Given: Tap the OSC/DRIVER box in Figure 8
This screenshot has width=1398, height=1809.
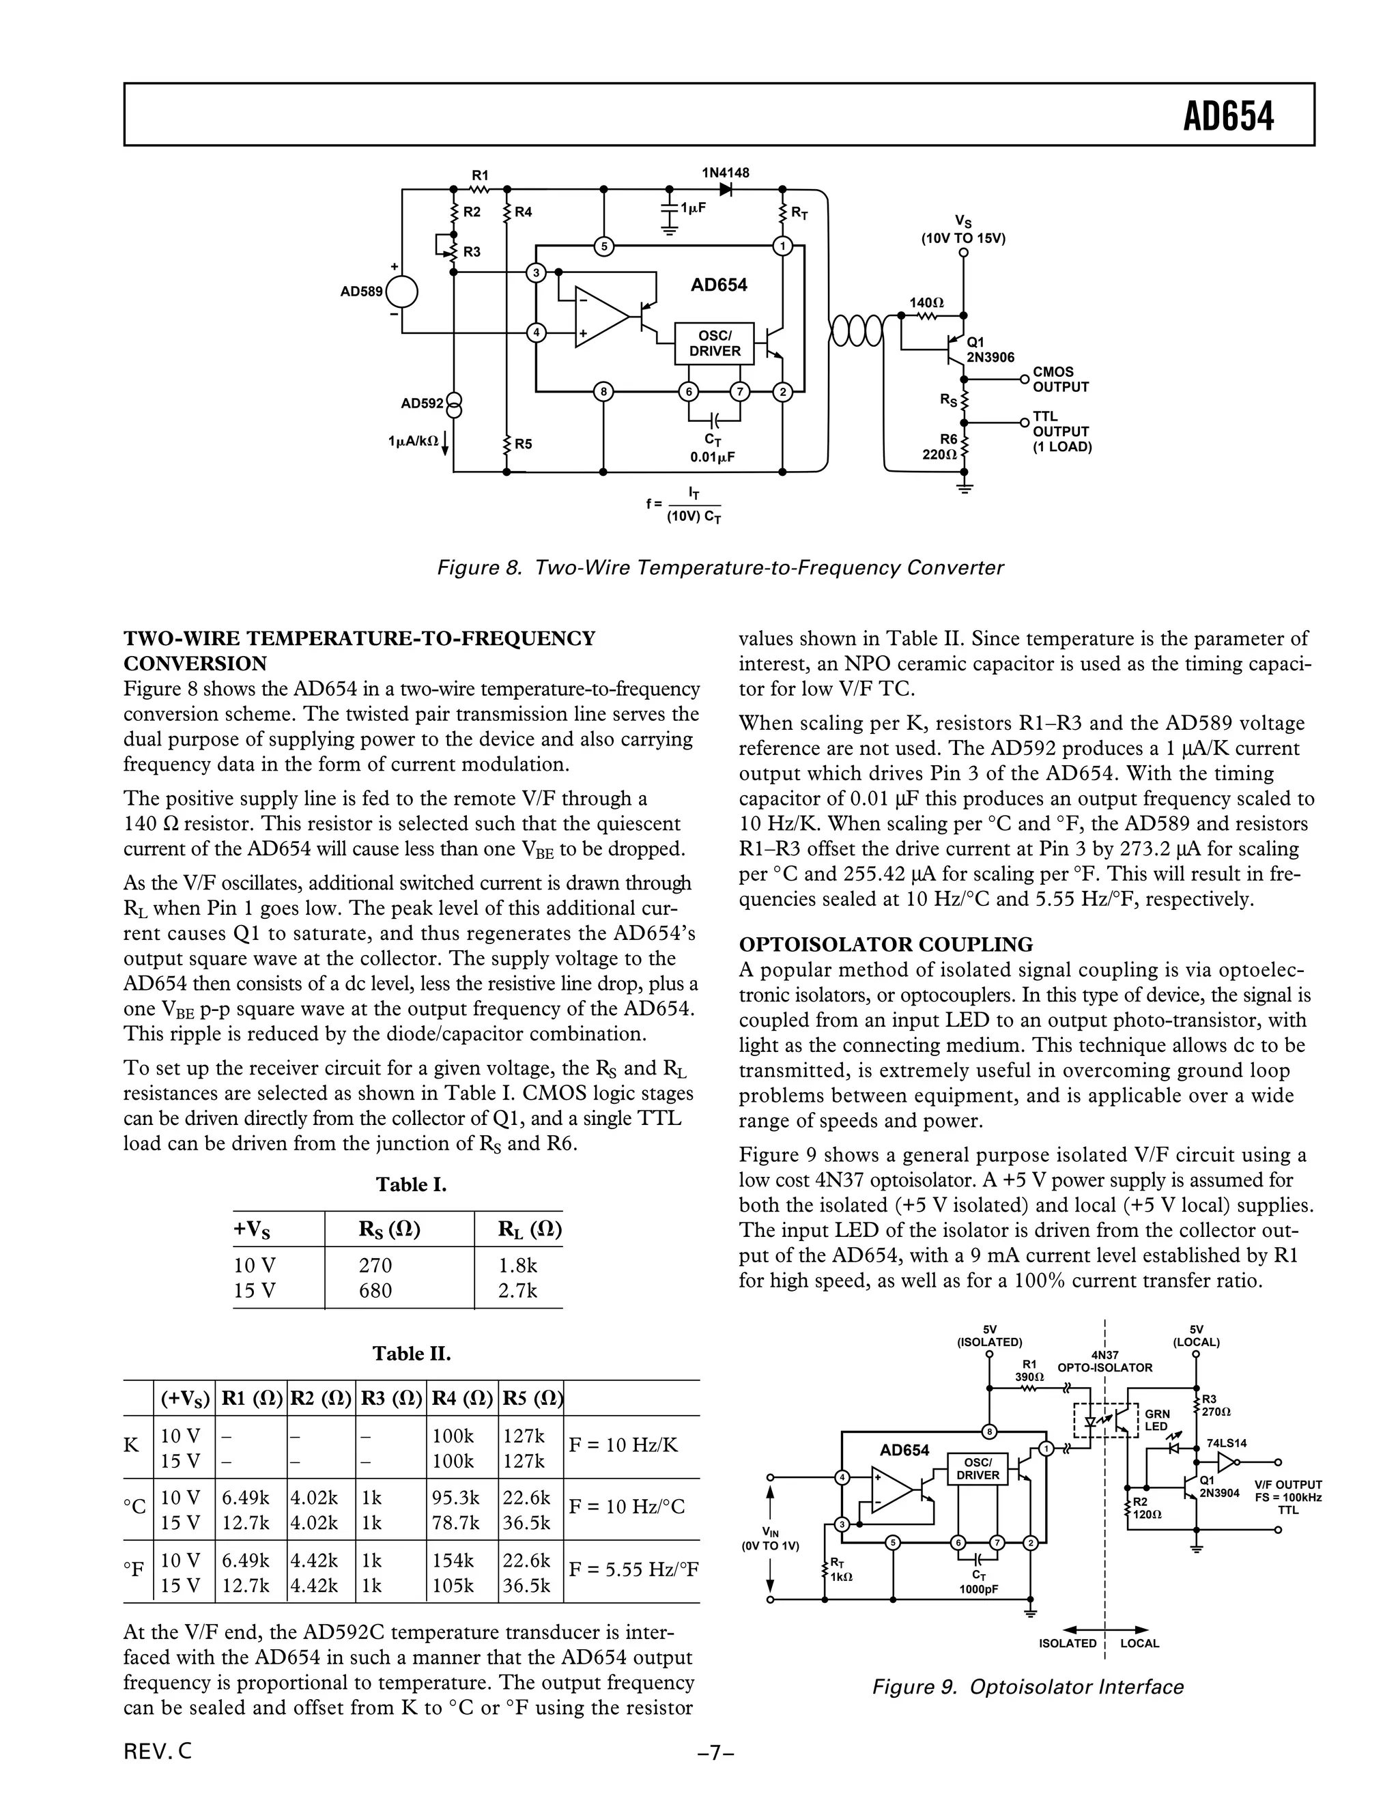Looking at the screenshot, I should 714,343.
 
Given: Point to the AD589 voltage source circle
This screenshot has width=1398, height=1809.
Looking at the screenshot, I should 401,291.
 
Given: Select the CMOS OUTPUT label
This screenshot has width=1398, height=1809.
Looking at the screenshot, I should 1060,380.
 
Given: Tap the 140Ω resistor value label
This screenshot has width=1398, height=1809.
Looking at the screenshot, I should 926,303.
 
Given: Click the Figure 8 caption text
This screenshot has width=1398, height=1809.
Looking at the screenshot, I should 719,568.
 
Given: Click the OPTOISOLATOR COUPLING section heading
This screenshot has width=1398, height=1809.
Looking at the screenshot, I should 885,944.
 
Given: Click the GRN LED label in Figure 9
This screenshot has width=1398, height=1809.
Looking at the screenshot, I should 1157,1420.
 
